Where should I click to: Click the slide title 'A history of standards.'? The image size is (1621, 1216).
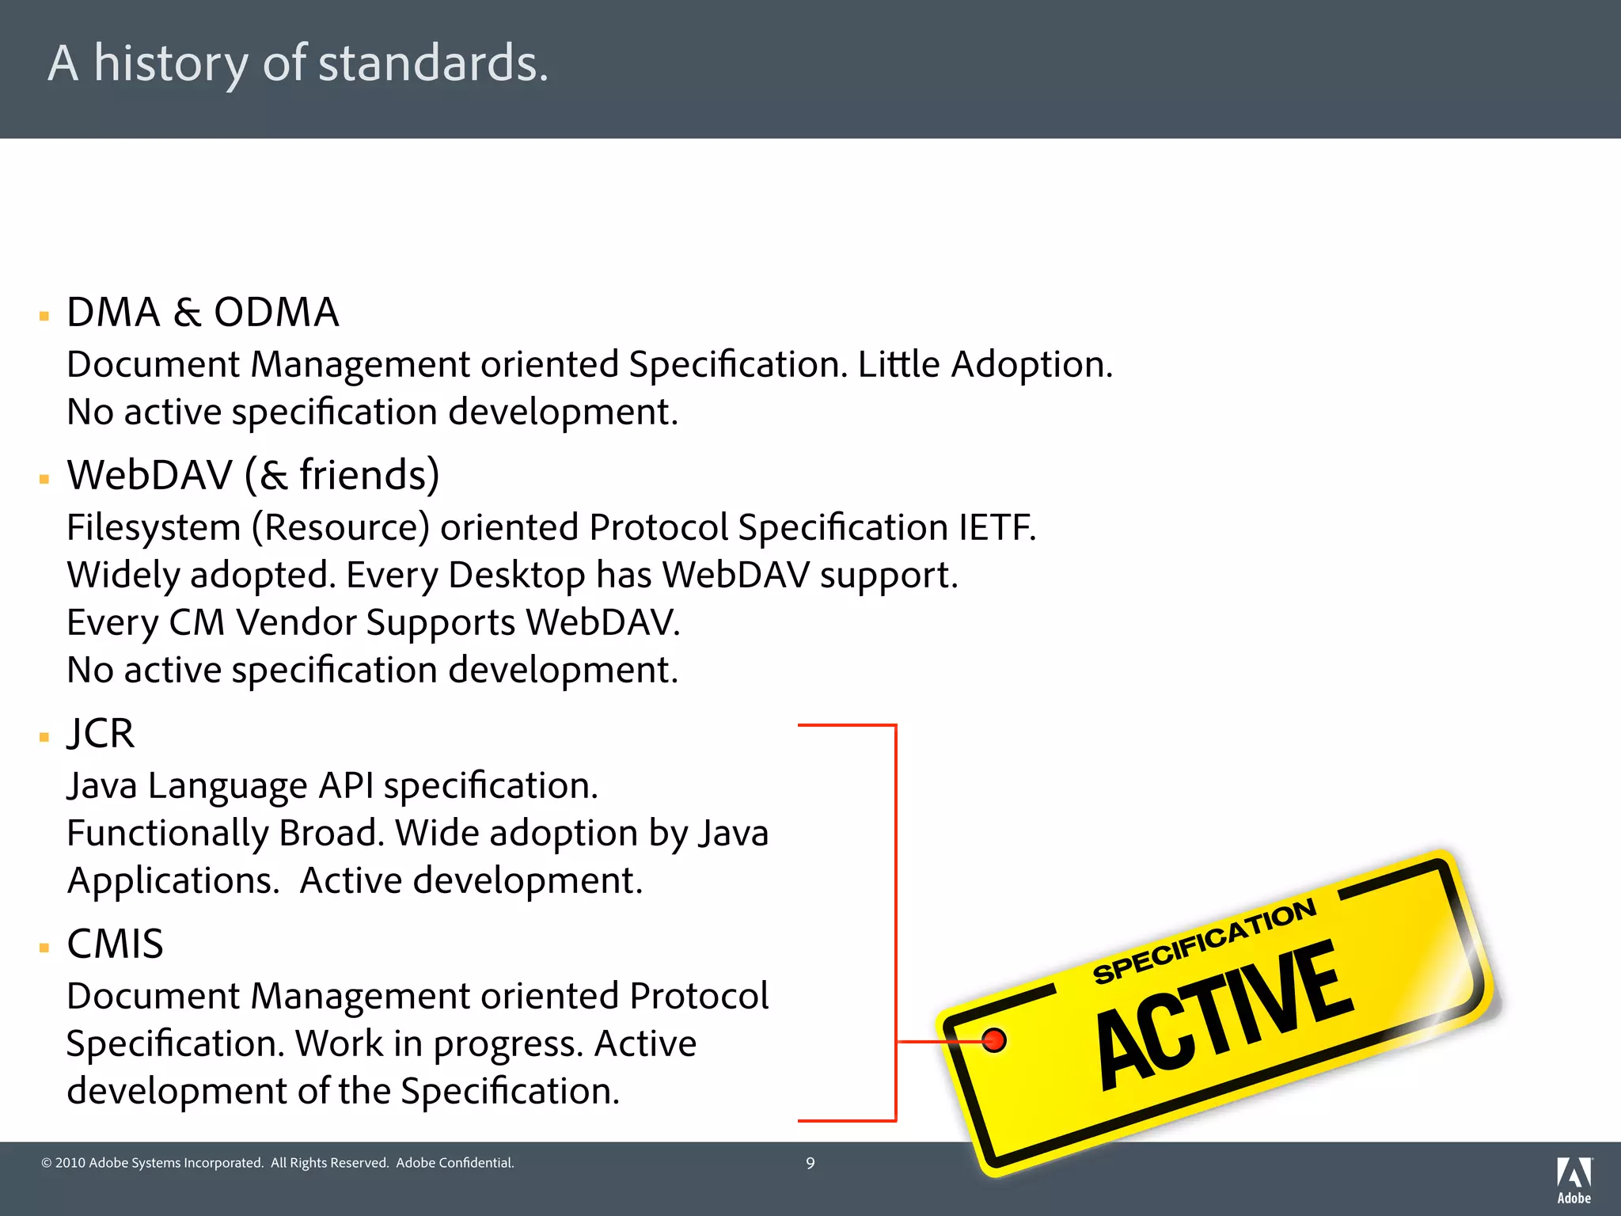298,63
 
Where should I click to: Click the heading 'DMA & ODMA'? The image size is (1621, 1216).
203,312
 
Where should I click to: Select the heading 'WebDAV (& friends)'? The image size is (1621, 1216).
252,475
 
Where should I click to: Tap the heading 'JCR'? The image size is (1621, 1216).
101,733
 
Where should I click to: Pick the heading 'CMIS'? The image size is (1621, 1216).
115,944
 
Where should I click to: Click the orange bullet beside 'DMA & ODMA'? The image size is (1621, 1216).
44,317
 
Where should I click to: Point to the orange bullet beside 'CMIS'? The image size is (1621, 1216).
44,948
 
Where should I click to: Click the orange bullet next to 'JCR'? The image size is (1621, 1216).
44,737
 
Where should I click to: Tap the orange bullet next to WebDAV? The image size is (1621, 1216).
44,479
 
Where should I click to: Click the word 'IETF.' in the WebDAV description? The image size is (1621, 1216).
997,527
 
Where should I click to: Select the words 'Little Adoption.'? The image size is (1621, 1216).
985,365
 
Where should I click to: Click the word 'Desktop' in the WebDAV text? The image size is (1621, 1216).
516,576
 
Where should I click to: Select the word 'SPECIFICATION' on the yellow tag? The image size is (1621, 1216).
1204,941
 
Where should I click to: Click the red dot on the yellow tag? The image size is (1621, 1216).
994,1039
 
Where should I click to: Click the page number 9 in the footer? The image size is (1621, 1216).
810,1163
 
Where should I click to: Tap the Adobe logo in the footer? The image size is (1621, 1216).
1574,1180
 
